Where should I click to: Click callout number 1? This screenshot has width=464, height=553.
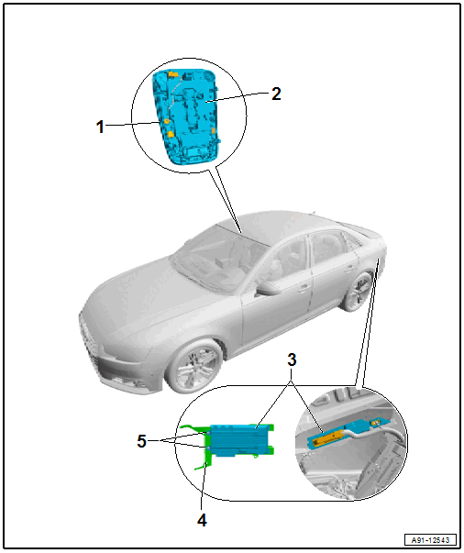pyautogui.click(x=101, y=127)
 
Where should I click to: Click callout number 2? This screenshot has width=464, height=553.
pyautogui.click(x=276, y=94)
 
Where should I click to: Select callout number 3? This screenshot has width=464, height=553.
pyautogui.click(x=292, y=360)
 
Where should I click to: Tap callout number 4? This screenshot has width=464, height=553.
pyautogui.click(x=202, y=520)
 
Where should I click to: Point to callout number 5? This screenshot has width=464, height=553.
pyautogui.click(x=142, y=441)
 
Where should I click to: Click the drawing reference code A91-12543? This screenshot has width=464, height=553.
pyautogui.click(x=430, y=540)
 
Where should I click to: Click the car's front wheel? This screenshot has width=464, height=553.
pyautogui.click(x=193, y=366)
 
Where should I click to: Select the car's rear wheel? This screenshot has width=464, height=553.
pyautogui.click(x=357, y=292)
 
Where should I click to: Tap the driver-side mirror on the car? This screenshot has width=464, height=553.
pyautogui.click(x=269, y=287)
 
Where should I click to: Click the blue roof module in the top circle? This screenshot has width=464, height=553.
pyautogui.click(x=187, y=116)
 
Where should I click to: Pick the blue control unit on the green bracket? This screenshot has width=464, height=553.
pyautogui.click(x=239, y=440)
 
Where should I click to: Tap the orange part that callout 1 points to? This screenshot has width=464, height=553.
pyautogui.click(x=166, y=121)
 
